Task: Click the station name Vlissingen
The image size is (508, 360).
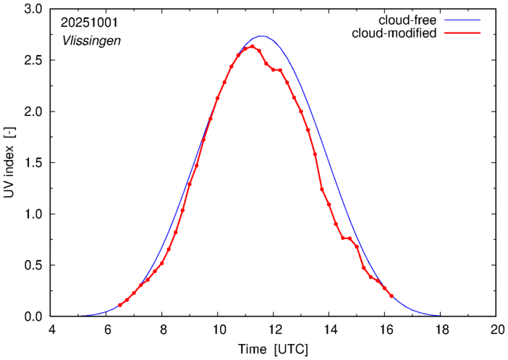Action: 91,41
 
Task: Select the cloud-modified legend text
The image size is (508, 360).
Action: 394,33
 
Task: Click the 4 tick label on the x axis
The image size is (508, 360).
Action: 51,329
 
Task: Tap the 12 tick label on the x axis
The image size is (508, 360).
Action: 274,329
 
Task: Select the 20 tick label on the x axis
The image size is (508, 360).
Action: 496,329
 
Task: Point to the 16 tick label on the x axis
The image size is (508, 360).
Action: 384,329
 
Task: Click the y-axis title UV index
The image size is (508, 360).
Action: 9,163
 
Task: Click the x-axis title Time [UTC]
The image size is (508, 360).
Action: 273,348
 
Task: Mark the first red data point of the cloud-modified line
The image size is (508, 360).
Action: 120,305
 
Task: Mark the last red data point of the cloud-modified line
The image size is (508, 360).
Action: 391,296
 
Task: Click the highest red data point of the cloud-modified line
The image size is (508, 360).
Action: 252,46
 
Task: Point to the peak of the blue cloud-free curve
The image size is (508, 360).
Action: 261,36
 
